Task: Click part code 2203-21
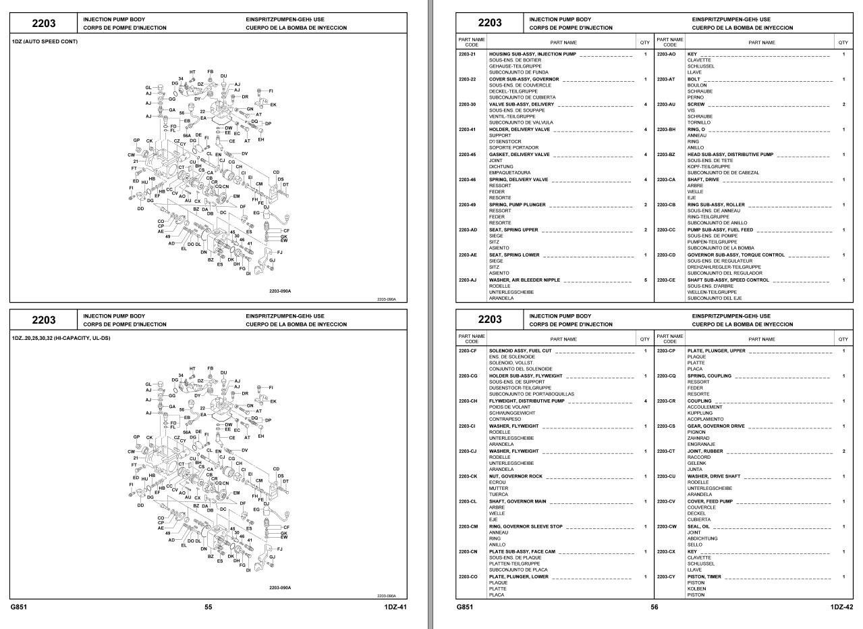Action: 467,53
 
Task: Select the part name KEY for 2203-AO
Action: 692,53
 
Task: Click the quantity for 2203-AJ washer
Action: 645,280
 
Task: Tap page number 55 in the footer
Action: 208,607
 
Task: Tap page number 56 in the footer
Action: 654,607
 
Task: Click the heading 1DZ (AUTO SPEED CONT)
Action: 45,42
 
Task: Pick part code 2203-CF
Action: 467,351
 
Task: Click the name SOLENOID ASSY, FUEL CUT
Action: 520,351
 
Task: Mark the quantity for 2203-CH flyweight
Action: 645,401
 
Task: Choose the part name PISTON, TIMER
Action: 704,576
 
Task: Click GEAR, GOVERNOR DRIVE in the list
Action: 716,426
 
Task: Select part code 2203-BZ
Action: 665,155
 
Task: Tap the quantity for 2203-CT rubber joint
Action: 843,451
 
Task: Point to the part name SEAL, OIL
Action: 699,526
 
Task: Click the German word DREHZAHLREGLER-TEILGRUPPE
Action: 720,267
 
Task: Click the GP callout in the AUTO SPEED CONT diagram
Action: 137,141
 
